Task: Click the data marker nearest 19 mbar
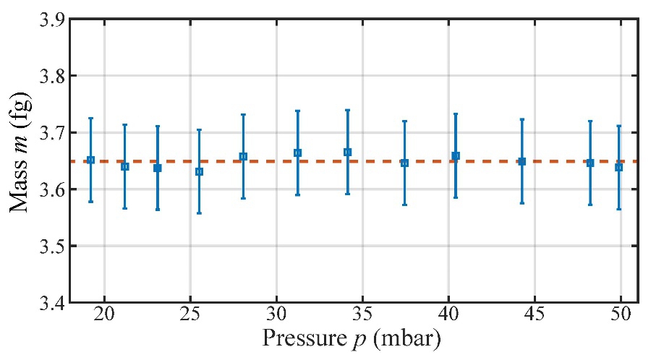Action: pos(90,160)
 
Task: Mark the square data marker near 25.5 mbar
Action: pos(199,172)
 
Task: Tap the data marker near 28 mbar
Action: pos(243,156)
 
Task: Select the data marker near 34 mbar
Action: pos(347,152)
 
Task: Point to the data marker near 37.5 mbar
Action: pos(404,163)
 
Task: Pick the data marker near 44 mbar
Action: pos(522,161)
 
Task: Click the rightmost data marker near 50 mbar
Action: pos(618,167)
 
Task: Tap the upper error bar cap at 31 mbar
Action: pos(297,111)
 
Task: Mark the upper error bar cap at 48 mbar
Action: pos(590,121)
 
